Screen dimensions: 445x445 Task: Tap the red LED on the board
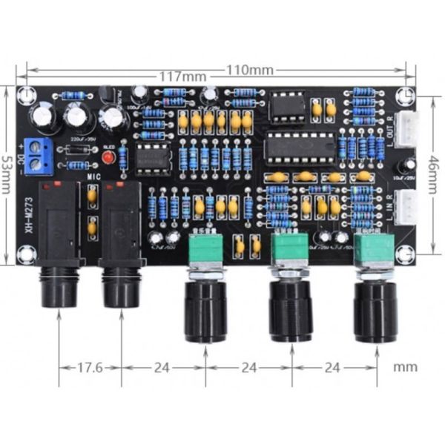click(x=108, y=158)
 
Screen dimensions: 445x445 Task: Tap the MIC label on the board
click(x=93, y=178)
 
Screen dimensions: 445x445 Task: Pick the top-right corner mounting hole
click(x=404, y=96)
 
